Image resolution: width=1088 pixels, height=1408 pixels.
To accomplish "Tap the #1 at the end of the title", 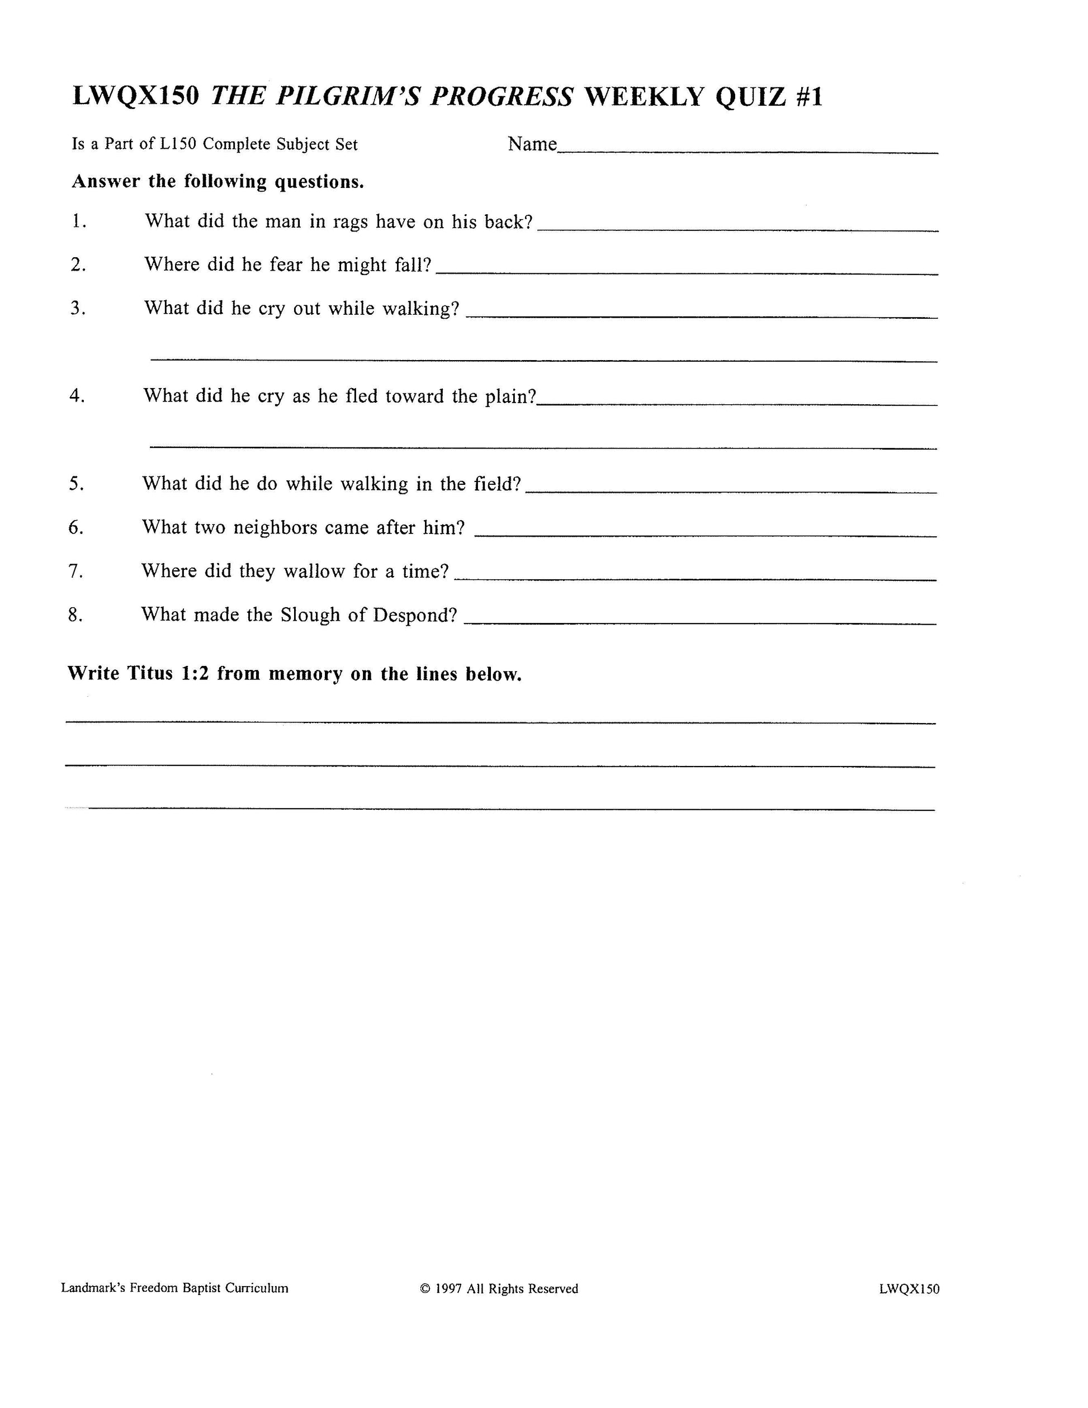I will (809, 97).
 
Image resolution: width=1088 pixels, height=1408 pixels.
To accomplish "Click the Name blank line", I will (748, 151).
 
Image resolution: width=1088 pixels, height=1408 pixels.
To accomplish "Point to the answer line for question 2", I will (687, 273).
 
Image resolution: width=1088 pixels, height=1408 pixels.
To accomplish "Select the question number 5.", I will (76, 484).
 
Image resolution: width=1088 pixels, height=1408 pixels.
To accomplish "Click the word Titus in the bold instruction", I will (149, 674).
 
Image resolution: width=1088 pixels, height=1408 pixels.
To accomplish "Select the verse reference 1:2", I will (195, 674).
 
